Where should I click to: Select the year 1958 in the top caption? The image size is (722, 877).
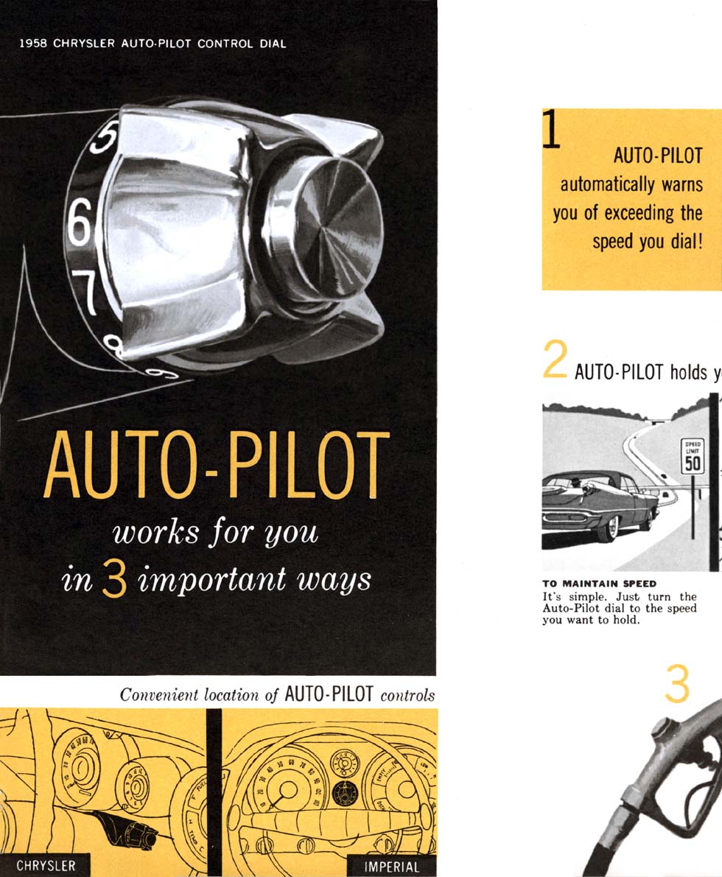click(x=35, y=43)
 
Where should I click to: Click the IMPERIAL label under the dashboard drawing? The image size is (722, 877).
click(x=392, y=867)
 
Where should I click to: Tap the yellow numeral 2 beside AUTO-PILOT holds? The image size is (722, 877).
click(x=555, y=361)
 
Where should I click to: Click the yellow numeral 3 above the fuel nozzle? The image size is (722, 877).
click(x=676, y=686)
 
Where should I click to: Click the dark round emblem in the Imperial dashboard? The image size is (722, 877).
click(x=341, y=793)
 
